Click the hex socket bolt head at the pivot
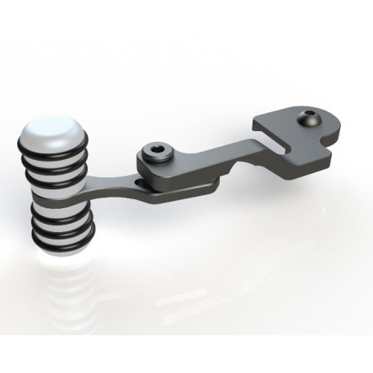(x=155, y=152)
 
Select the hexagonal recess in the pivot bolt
(x=155, y=151)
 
